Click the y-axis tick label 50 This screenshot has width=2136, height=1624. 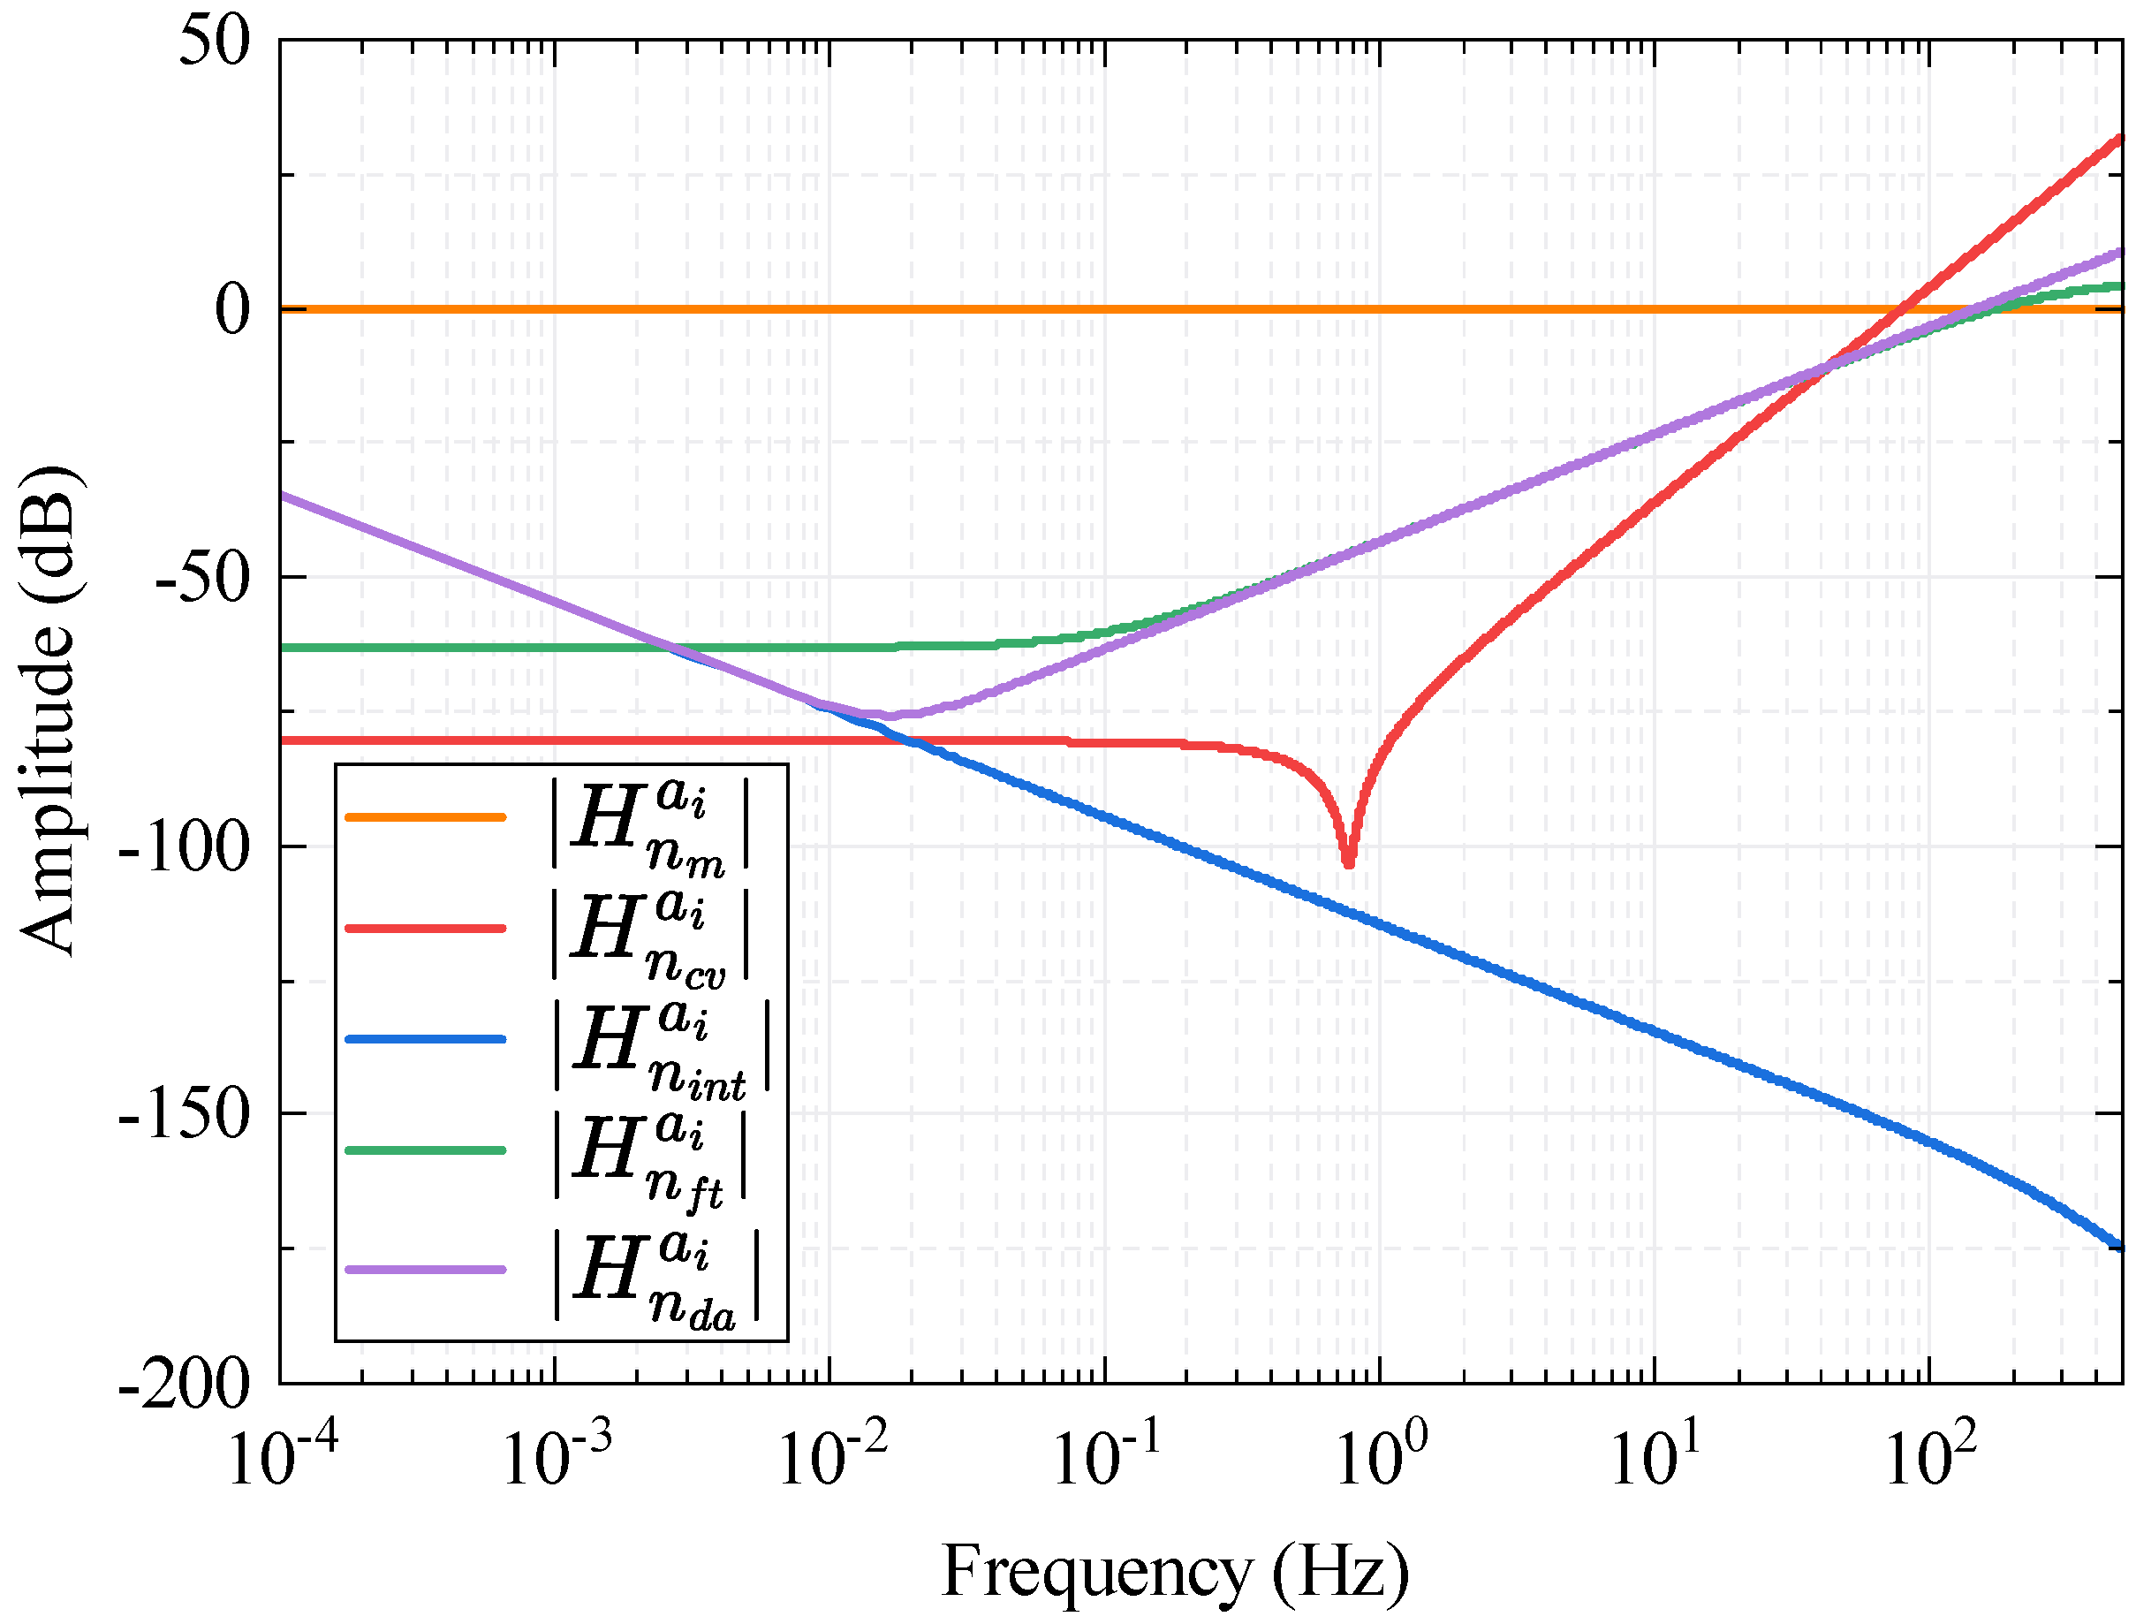pos(215,43)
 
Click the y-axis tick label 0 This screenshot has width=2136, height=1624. pos(232,310)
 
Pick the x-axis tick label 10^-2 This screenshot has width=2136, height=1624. pos(832,1457)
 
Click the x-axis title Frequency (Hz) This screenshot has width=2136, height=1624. pos(1174,1571)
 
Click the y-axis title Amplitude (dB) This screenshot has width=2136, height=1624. pos(49,711)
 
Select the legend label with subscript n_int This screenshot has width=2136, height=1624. pos(662,1049)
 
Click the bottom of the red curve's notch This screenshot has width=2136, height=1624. pos(1348,863)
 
